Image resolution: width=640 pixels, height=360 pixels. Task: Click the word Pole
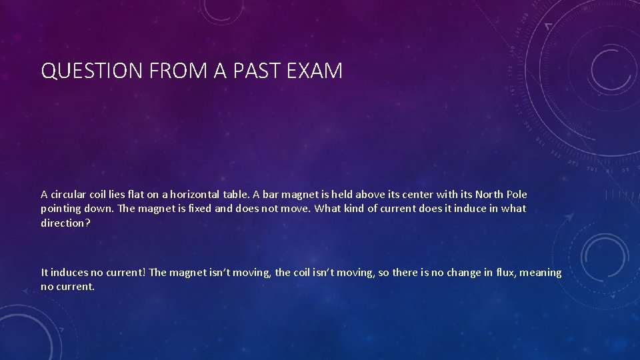[x=517, y=195]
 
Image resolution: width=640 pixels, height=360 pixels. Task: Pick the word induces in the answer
[x=69, y=273]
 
